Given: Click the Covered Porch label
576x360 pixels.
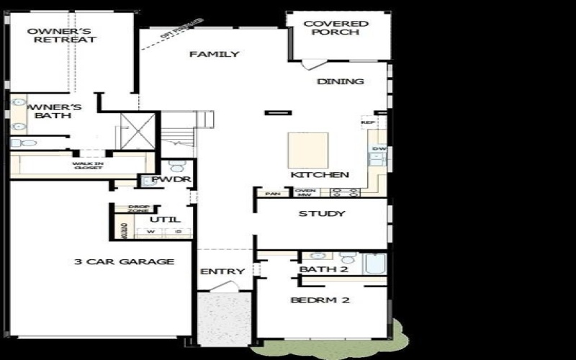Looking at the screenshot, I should click(336, 28).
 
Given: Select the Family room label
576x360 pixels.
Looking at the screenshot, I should click(214, 54).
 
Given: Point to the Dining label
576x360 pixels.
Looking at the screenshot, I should click(341, 81).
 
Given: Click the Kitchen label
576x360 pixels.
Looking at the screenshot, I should click(320, 175).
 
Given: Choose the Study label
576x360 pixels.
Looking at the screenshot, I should click(322, 214).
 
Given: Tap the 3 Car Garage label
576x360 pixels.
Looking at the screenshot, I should click(124, 261).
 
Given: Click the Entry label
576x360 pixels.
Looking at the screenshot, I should click(222, 271).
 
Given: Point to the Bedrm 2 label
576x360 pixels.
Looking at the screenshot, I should click(320, 300).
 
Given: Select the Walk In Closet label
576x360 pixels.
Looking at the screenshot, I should click(88, 166).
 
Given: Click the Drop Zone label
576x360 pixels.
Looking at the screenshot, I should click(138, 209).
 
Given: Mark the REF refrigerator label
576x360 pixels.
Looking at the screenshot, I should click(368, 122).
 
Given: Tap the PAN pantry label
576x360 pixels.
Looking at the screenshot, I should click(272, 194).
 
